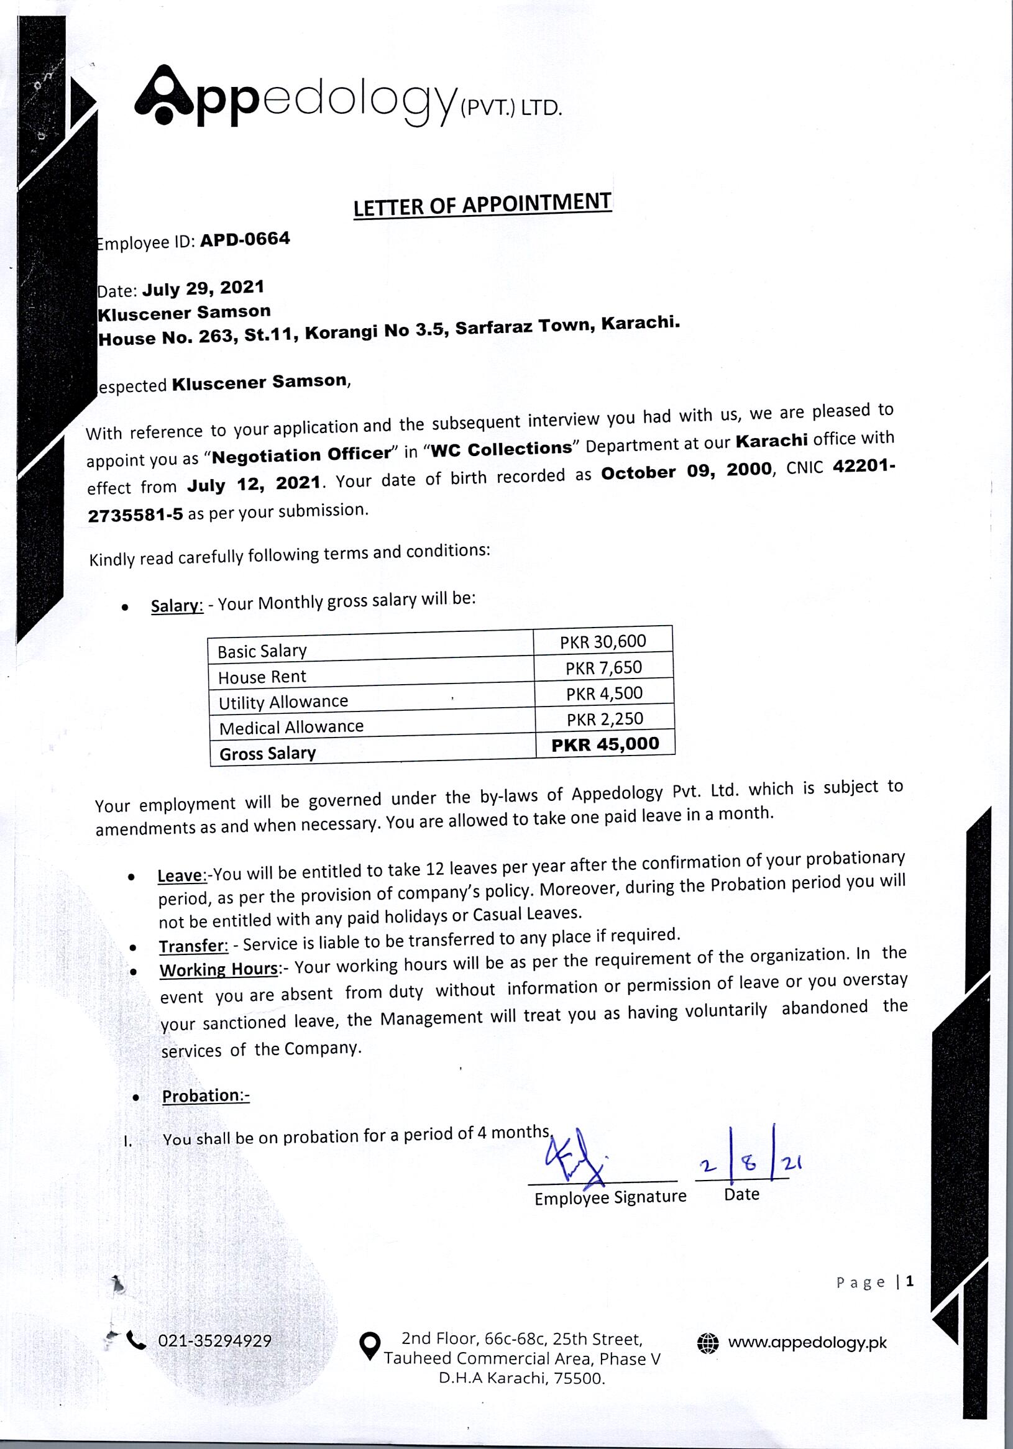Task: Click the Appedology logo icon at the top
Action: click(163, 96)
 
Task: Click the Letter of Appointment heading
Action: click(482, 205)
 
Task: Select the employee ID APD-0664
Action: click(245, 239)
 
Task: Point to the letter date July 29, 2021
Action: click(203, 288)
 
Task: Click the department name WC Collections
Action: click(500, 448)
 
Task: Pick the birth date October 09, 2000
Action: click(687, 471)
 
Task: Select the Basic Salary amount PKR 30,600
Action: click(603, 642)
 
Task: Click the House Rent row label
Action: click(262, 677)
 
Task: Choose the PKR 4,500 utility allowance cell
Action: click(604, 693)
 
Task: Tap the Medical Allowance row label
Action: click(291, 727)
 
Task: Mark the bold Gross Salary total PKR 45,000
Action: click(605, 745)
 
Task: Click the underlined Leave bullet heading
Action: click(181, 876)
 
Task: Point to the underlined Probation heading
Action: click(206, 1095)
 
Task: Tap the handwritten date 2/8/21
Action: click(748, 1163)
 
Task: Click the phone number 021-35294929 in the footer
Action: click(214, 1340)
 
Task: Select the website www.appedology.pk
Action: click(807, 1342)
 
